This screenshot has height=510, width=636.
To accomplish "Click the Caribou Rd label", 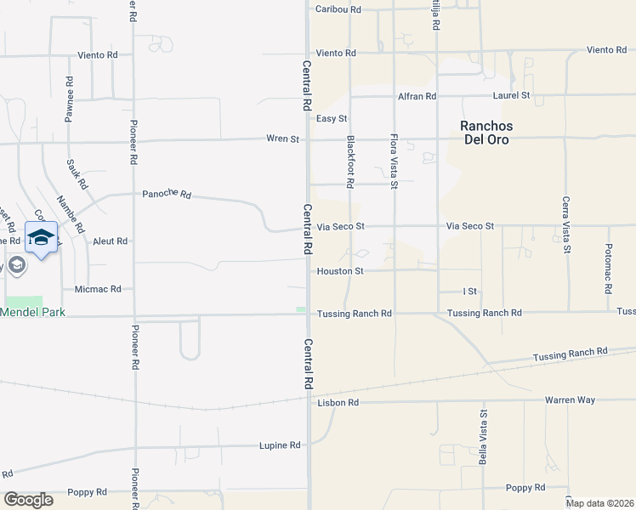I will pos(338,8).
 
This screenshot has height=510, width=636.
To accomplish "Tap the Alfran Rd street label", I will pos(417,97).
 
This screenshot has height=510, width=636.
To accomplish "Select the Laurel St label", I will pos(513,96).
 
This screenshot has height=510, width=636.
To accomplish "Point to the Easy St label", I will pos(332,118).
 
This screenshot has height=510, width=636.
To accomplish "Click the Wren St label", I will pos(283,139).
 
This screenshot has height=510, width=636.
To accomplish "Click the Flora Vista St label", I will pos(394,161).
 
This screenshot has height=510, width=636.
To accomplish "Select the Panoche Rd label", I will pos(167,194).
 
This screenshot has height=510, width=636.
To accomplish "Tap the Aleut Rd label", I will pos(110,241).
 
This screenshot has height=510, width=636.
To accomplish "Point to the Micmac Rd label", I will pos(98,289).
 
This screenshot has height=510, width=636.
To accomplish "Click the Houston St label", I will pos(340,271).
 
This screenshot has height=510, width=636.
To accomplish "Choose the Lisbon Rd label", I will pos(337,402).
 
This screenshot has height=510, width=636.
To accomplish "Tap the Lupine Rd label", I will pos(280,445).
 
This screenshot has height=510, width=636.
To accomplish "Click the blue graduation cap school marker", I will pos(42,238).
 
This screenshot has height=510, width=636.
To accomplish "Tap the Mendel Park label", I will pos(32,312).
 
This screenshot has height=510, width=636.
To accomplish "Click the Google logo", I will pos(29,500).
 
